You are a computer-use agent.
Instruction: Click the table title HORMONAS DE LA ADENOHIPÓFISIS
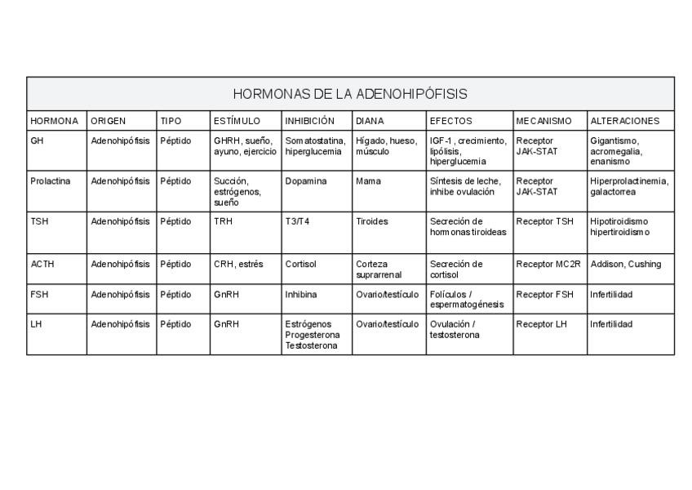click(x=350, y=94)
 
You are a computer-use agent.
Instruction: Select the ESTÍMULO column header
click(x=237, y=121)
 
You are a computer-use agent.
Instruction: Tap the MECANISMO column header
click(x=549, y=121)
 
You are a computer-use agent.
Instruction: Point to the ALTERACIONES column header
click(x=624, y=121)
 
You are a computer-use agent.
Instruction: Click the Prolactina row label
click(x=51, y=181)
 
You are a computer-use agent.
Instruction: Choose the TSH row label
click(x=39, y=221)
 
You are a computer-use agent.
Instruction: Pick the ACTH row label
click(x=42, y=265)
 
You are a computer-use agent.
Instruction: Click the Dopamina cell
click(x=306, y=181)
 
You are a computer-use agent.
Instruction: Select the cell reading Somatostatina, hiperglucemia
click(x=315, y=146)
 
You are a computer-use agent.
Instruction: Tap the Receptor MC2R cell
click(x=548, y=265)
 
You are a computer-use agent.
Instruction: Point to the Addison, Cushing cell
click(x=625, y=265)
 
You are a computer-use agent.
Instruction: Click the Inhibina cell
click(x=301, y=294)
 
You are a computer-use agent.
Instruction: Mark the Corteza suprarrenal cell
click(x=379, y=269)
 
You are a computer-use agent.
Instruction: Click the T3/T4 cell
click(x=298, y=221)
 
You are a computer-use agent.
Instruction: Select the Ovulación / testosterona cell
click(x=455, y=329)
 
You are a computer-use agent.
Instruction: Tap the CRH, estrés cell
click(x=238, y=265)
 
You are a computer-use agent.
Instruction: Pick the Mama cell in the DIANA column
click(x=367, y=181)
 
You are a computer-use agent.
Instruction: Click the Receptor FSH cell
click(x=545, y=294)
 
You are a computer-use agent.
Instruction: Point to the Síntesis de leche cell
click(x=465, y=186)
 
